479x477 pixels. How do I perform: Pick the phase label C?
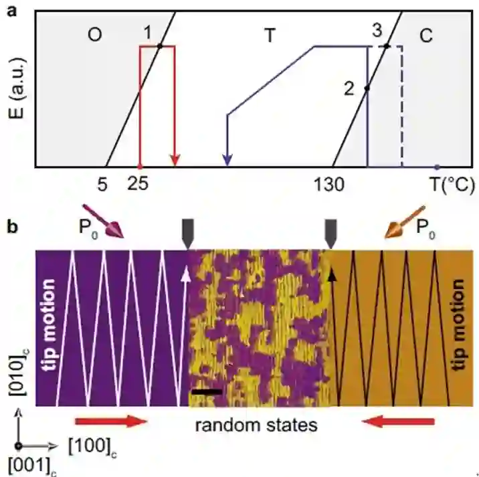pos(426,37)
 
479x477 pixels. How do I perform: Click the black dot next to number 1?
pos(160,46)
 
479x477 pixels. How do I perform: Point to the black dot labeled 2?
pos(367,88)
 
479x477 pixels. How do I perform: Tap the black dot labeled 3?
pos(387,46)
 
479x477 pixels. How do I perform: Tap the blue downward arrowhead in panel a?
pos(227,160)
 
